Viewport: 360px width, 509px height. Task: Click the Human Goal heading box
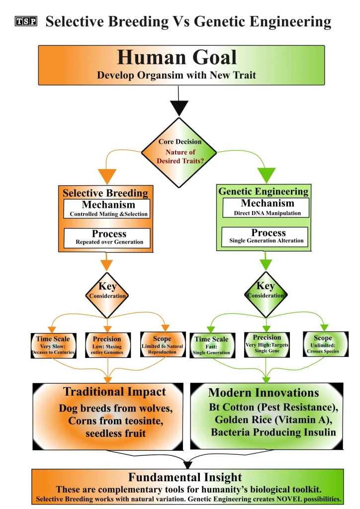181,65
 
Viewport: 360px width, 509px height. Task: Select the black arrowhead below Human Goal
179,107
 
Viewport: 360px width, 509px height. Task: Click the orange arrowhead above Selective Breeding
107,176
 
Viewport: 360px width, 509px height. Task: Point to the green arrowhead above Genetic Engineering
266,175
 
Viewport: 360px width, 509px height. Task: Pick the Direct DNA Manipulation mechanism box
266,208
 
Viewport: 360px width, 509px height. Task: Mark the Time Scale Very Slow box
53,345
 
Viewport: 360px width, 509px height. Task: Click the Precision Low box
107,345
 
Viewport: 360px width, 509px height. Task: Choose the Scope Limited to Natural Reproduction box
162,345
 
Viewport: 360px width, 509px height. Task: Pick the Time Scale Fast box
212,345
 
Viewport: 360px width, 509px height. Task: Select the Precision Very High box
267,344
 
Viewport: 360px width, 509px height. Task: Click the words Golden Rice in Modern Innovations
237,420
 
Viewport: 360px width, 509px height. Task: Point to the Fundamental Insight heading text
185,478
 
